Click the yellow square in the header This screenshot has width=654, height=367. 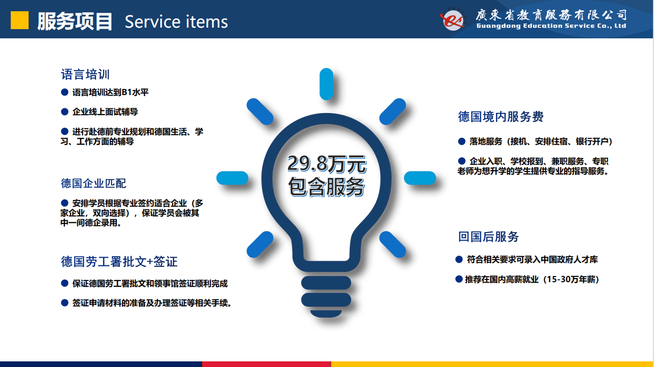19,20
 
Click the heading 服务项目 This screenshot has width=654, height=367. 75,21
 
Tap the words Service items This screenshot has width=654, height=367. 176,22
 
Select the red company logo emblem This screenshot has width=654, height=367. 452,20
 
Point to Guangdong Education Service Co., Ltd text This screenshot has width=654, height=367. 551,26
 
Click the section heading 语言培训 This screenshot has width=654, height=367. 85,74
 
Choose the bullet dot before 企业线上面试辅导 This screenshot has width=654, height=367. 64,111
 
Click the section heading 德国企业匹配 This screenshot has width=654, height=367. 93,183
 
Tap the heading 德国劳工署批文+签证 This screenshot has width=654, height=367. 119,262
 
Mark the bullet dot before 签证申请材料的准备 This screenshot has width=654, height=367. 64,303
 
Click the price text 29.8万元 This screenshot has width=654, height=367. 326,164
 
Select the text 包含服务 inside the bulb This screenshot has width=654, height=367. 326,187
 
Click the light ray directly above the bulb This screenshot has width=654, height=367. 326,84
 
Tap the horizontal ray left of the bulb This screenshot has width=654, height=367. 232,178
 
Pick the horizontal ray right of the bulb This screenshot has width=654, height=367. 420,178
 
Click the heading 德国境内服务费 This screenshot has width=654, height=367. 500,117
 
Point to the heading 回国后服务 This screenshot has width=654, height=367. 488,237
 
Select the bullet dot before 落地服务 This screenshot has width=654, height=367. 462,142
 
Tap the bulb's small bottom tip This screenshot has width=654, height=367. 326,313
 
